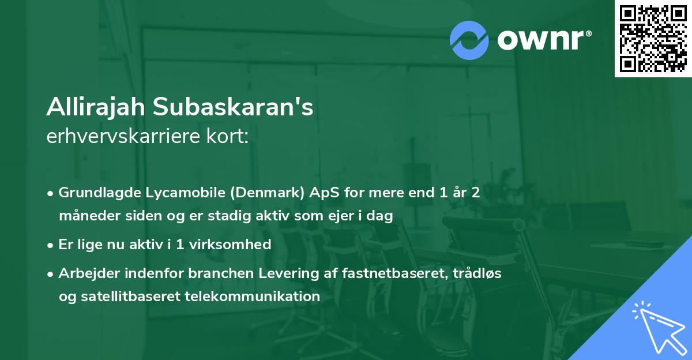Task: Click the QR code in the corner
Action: (653, 39)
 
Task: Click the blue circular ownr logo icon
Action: (469, 40)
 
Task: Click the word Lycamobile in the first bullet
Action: (189, 193)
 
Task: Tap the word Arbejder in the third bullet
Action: (84, 273)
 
